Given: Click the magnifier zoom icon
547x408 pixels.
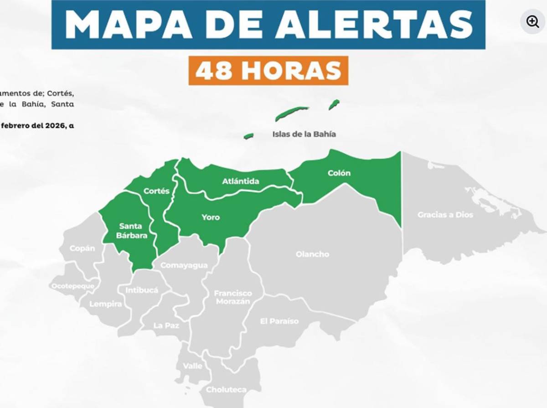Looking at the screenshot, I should click(x=532, y=21).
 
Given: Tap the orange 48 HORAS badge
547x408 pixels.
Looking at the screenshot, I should click(x=268, y=70).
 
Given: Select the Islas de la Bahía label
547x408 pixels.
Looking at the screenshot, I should click(x=304, y=134).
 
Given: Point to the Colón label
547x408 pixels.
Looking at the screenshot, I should click(x=339, y=173).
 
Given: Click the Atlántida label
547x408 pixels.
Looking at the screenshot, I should click(x=241, y=181).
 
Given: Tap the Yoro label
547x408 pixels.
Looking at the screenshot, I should click(x=211, y=217).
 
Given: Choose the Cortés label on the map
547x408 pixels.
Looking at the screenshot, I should click(x=156, y=191).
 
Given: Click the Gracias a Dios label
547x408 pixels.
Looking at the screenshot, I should click(x=445, y=215).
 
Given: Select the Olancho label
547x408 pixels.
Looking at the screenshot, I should click(x=312, y=254).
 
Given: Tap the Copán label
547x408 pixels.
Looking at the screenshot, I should click(x=83, y=248).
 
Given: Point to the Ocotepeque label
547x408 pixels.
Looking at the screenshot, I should click(x=73, y=286).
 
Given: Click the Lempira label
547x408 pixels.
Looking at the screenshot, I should click(x=105, y=304).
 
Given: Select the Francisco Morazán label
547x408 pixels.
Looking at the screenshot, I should click(x=233, y=297).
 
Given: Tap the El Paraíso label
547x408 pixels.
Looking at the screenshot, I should click(x=279, y=321).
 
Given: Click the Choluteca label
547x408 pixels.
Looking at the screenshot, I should click(x=226, y=390).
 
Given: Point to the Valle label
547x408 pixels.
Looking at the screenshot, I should click(x=192, y=366).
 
